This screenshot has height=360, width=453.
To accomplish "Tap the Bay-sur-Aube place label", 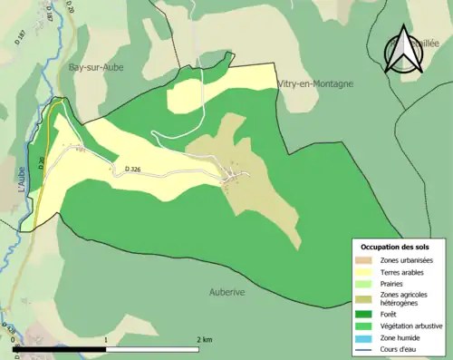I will point(97,67).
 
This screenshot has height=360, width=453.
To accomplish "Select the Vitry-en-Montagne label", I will point(314,83).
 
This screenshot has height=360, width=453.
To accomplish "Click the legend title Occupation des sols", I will point(395,247).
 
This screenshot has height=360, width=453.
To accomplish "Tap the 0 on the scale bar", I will point(15,339).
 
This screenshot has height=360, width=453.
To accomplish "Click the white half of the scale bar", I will point(153,348).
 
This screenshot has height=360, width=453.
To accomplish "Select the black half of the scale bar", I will point(61,348).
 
